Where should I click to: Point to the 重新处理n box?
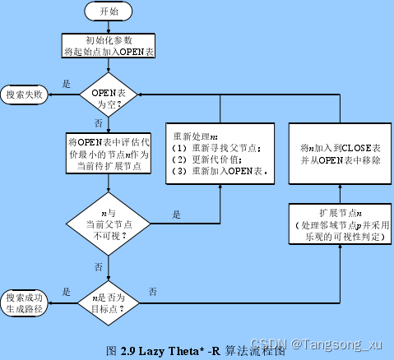220,155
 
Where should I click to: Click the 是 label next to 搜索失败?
66,85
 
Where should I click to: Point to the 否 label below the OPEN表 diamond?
99,122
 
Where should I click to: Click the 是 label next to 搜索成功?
66,292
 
